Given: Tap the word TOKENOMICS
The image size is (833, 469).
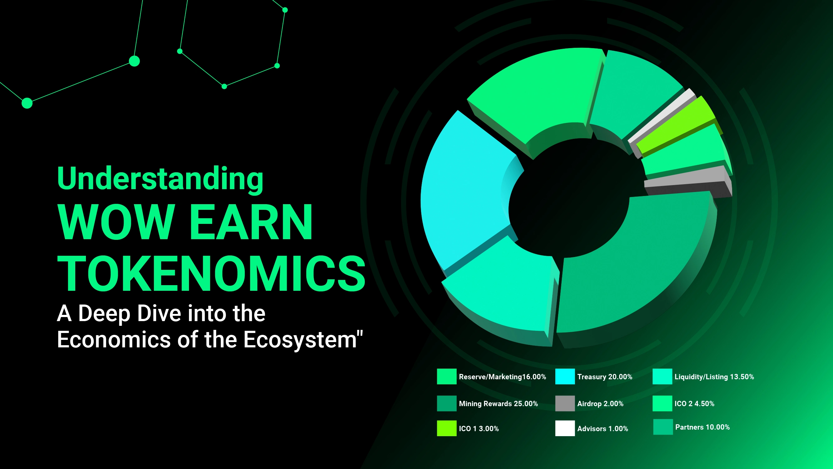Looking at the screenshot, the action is [x=211, y=273].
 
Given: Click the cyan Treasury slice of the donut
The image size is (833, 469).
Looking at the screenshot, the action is [x=466, y=191].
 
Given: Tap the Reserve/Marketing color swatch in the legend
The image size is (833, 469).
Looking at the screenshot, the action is [x=447, y=376].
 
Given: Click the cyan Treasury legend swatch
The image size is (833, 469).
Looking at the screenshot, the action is [x=565, y=376].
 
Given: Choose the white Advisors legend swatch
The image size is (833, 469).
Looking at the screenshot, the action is [x=565, y=428].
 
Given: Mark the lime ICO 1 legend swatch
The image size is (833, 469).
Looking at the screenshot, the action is [x=447, y=428].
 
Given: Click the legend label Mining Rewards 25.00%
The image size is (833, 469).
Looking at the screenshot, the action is [x=498, y=404].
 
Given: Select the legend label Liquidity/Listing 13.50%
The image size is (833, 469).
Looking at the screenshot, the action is [x=714, y=377].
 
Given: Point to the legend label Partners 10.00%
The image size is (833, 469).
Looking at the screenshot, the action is [x=702, y=427].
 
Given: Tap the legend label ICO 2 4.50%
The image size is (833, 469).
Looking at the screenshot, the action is [x=694, y=404].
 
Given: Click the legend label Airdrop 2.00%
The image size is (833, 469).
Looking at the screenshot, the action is [x=600, y=404].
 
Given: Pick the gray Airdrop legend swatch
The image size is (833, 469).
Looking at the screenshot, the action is [x=565, y=403].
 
